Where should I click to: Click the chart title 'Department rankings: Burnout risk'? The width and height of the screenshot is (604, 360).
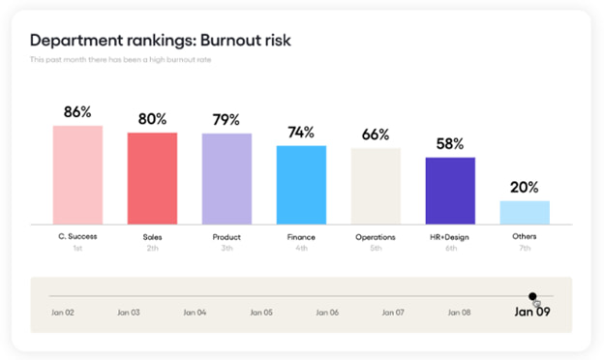161,40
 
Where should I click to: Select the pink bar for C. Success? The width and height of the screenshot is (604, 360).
77,174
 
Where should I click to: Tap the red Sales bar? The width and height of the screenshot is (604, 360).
152,178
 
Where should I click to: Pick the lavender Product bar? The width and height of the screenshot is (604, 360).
226,178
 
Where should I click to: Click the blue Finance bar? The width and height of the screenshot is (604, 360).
301,185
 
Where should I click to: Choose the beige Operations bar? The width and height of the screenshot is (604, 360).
376,186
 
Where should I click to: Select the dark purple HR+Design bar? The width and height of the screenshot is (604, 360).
450,191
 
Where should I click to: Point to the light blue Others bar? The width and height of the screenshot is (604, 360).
525,212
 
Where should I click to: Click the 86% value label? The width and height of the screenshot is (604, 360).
77,112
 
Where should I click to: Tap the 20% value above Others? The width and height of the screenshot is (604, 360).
525,188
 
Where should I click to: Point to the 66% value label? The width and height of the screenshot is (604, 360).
376,135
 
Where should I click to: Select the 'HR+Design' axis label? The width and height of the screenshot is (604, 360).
450,236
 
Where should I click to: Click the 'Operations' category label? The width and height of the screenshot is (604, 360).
376,236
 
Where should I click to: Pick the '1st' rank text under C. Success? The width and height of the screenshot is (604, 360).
77,248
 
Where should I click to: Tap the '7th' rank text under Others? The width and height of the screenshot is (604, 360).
525,248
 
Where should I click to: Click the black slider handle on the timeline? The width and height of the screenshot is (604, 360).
532,296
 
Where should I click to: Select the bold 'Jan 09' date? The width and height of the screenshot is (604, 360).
530,313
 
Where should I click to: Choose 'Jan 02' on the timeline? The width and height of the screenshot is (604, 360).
63,313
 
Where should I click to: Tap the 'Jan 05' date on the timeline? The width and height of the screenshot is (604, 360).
261,313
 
